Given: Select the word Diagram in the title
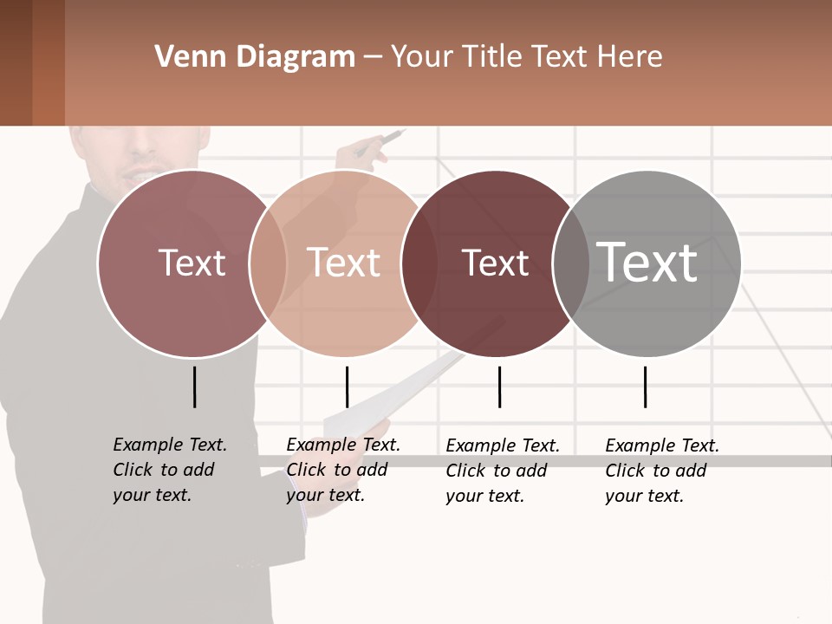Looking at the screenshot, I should tap(296, 57).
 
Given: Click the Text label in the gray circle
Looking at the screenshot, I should tap(647, 262).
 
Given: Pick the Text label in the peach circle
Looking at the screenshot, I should tap(344, 263).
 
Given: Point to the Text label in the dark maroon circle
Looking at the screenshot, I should tap(495, 263).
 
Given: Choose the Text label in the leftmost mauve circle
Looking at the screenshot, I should tap(192, 263).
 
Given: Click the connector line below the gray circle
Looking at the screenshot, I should tap(645, 387).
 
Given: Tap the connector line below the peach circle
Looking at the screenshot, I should tap(347, 387).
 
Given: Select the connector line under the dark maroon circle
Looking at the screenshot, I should tap(499, 387).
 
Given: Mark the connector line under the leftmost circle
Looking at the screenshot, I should tap(194, 387).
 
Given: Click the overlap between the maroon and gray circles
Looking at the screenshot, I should tap(571, 263).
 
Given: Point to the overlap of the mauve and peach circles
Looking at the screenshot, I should tap(268, 263).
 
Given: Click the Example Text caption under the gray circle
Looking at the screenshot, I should tap(661, 471).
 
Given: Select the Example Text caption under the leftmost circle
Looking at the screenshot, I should tap(169, 470).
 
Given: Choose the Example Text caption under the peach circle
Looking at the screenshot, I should tap(342, 470).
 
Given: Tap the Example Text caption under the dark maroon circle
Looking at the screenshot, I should tap(502, 471).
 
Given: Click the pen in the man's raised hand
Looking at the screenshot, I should tap(389, 138).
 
